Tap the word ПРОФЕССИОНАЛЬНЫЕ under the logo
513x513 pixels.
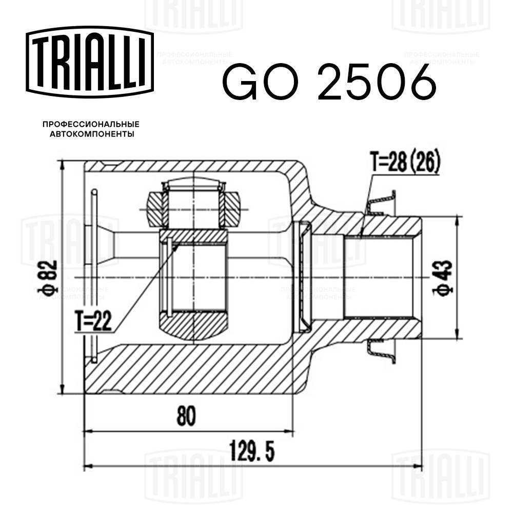pos(91,124)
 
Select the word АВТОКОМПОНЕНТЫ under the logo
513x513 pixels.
pos(91,134)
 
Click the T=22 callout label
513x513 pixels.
pos(94,323)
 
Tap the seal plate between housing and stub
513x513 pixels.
pos(305,277)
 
